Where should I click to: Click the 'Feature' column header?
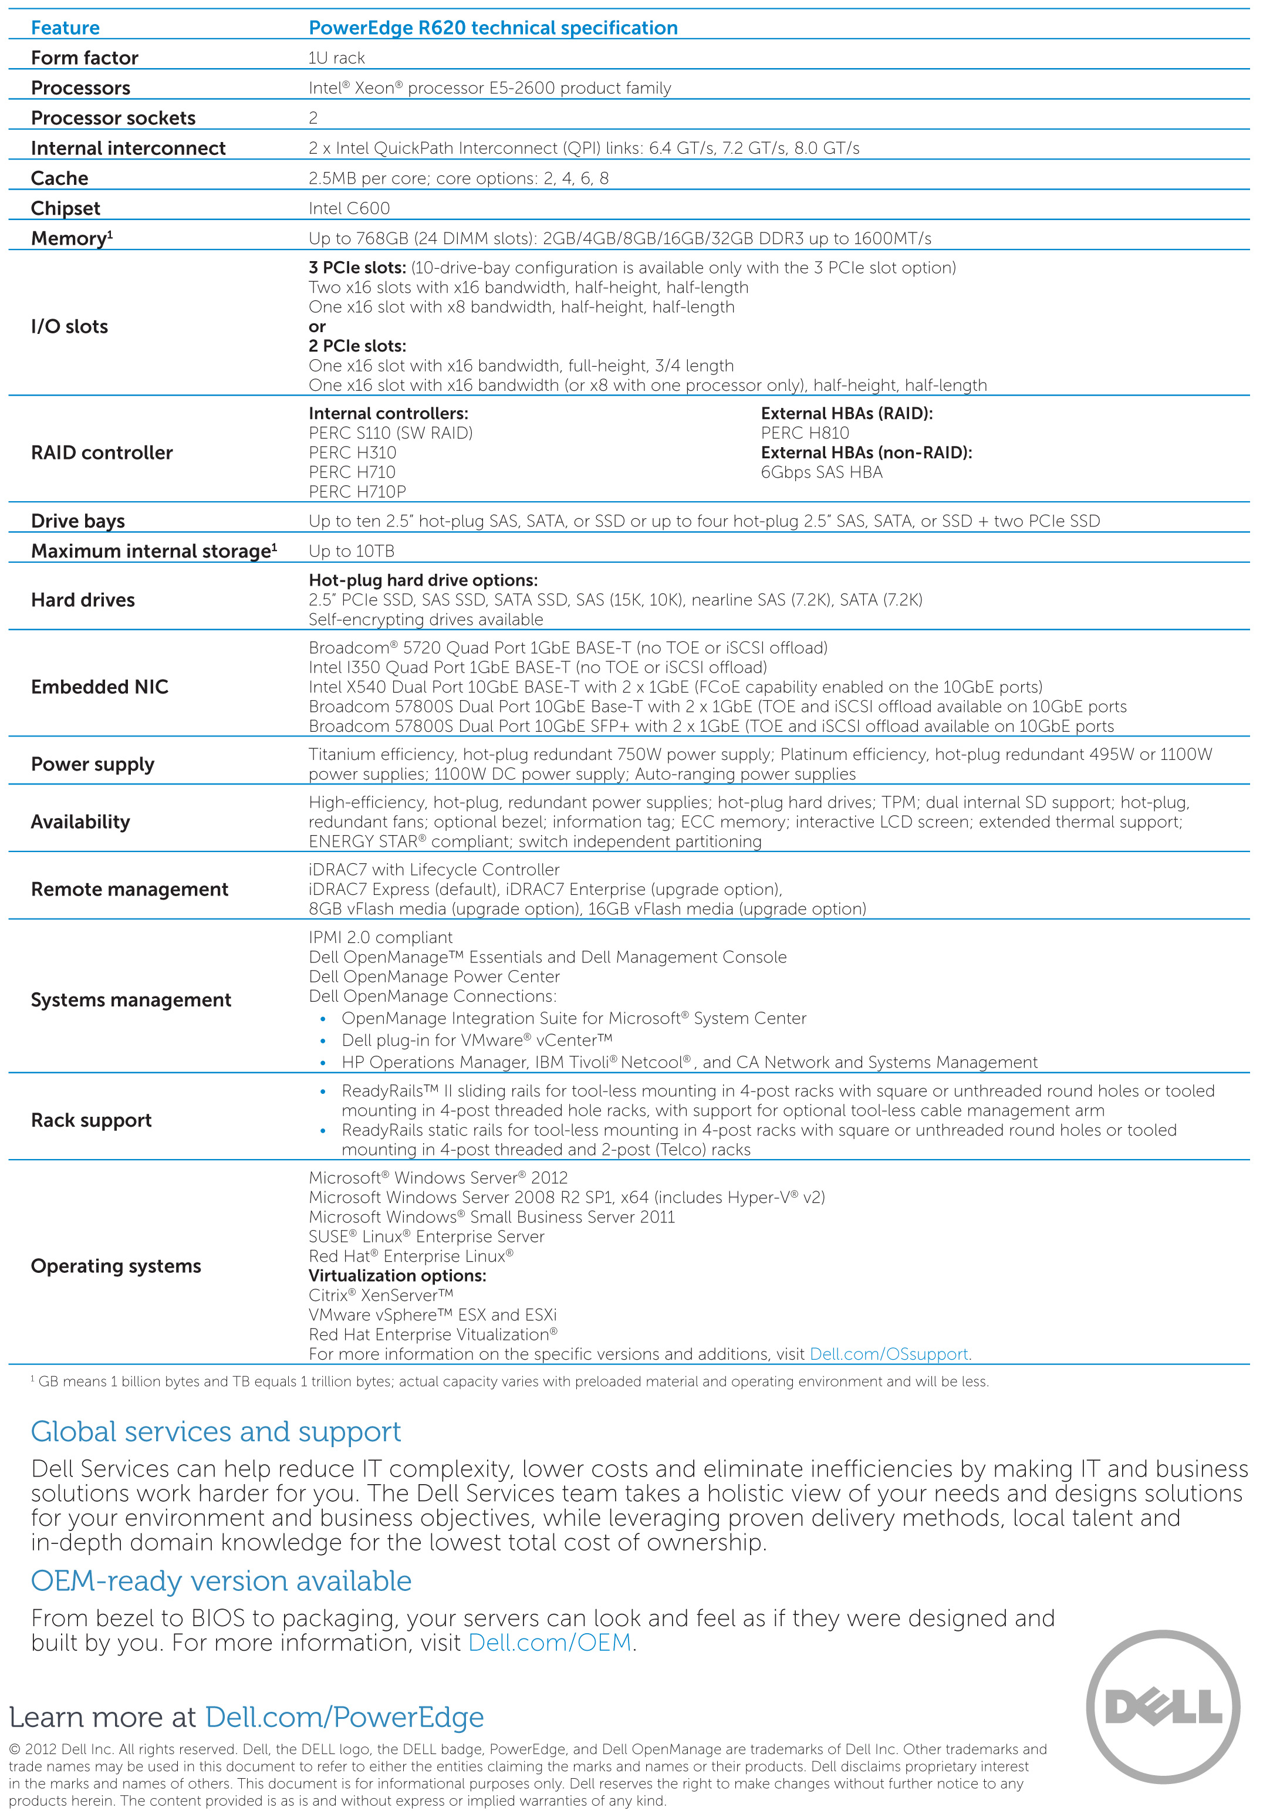(x=66, y=28)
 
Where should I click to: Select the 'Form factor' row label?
(x=85, y=58)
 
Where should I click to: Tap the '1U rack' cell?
(x=337, y=58)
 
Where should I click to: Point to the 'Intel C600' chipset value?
(x=349, y=209)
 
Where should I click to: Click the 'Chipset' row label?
(x=66, y=209)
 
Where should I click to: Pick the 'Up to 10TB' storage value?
(x=352, y=552)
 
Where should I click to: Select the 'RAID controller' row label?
(x=102, y=453)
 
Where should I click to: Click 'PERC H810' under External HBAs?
(x=805, y=433)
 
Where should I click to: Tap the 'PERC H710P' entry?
(x=357, y=492)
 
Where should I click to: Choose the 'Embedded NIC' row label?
(x=99, y=687)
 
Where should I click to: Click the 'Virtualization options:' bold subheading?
(x=397, y=1276)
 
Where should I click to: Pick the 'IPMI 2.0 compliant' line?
(x=380, y=938)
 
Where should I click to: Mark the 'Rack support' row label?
(x=92, y=1121)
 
